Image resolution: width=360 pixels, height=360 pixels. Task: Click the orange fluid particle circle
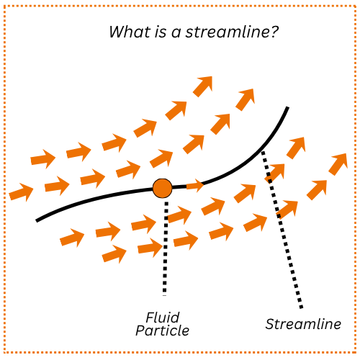coord(162,189)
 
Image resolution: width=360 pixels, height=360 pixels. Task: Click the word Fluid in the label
coord(162,318)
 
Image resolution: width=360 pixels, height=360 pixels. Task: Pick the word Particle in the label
coord(162,330)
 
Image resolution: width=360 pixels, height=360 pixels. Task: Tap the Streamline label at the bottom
coord(303,324)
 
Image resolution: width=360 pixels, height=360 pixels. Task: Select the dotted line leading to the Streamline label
coord(282,230)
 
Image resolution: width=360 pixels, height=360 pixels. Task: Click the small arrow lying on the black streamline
coord(195,186)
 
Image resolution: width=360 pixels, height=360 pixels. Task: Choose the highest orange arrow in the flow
coord(203,86)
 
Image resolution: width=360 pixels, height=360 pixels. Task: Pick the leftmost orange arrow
coord(22,192)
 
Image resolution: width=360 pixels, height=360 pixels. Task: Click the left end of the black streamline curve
coord(37,220)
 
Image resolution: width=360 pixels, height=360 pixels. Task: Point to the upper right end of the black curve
coord(287,108)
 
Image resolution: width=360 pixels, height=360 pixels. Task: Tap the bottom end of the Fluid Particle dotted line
coord(165,294)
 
